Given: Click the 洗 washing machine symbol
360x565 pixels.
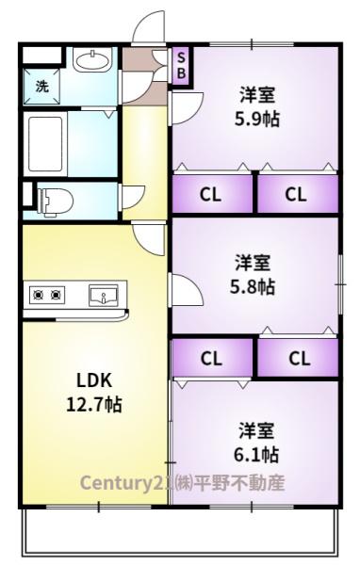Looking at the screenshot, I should [x=41, y=86].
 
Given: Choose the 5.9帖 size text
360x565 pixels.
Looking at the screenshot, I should [x=255, y=120].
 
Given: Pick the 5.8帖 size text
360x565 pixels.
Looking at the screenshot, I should [x=254, y=285].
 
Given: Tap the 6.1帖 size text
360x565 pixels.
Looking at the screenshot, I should [x=256, y=454].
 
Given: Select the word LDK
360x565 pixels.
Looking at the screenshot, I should [x=94, y=380].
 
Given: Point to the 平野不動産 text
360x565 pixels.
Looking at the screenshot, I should [x=245, y=484].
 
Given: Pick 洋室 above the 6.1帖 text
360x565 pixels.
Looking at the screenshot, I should [x=256, y=430].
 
